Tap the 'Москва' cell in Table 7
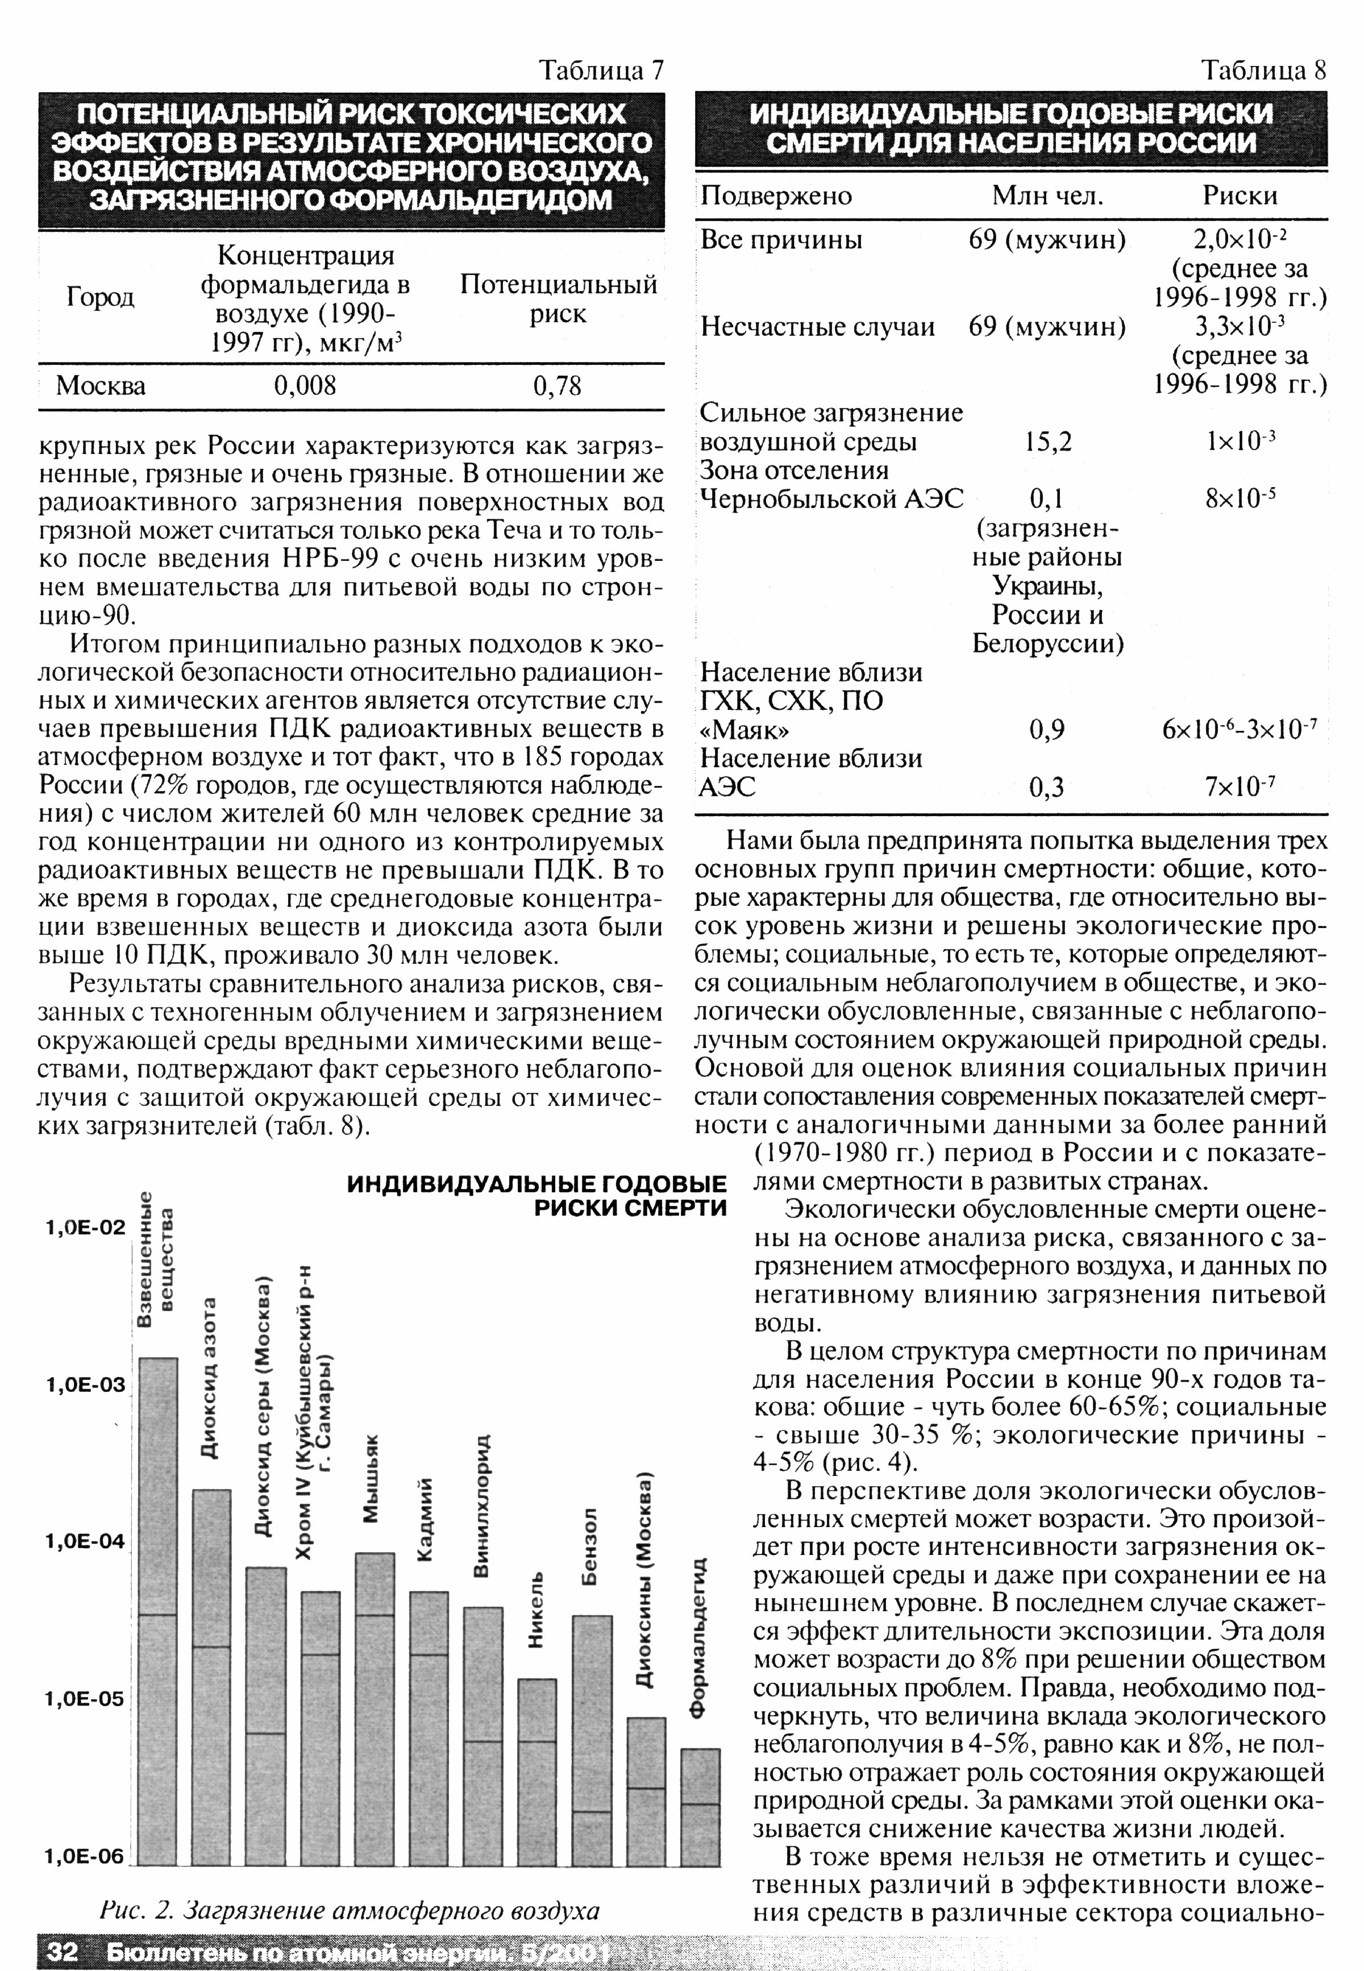(101, 386)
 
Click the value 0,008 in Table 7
(305, 386)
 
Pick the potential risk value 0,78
(557, 386)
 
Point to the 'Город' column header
(100, 297)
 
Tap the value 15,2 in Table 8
(1048, 442)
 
